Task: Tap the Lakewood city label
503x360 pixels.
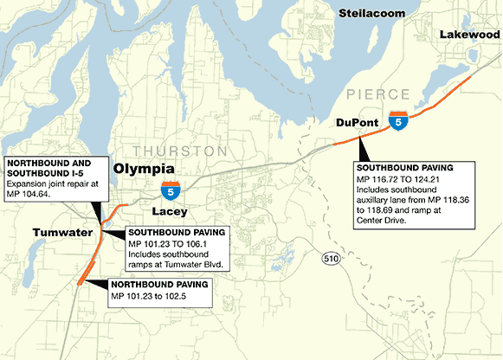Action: [468, 34]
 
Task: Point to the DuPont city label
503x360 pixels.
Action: [357, 124]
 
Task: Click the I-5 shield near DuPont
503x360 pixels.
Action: [397, 121]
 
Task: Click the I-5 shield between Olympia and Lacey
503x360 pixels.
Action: [171, 189]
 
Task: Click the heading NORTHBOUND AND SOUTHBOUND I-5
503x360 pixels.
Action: [49, 167]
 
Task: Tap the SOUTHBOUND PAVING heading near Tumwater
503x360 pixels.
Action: [177, 233]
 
